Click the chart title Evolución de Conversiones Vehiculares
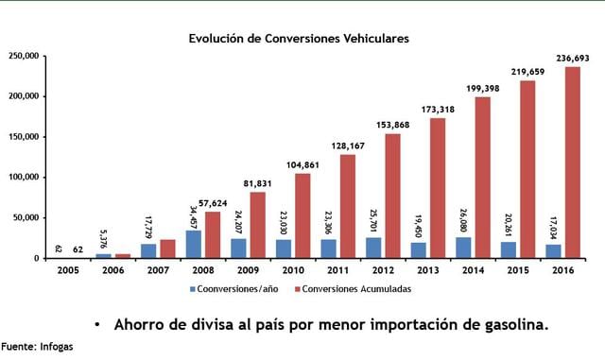[x=298, y=39]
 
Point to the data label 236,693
[x=572, y=59]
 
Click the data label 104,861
[x=303, y=164]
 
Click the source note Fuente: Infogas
[x=37, y=347]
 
